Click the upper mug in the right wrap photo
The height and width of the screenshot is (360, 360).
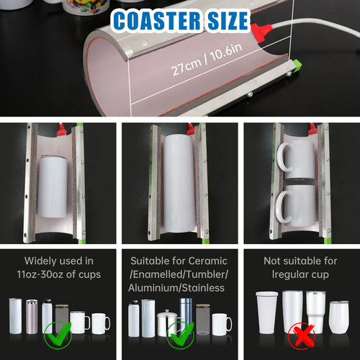click(x=295, y=162)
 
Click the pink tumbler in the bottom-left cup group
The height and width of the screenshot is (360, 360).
click(x=32, y=317)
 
